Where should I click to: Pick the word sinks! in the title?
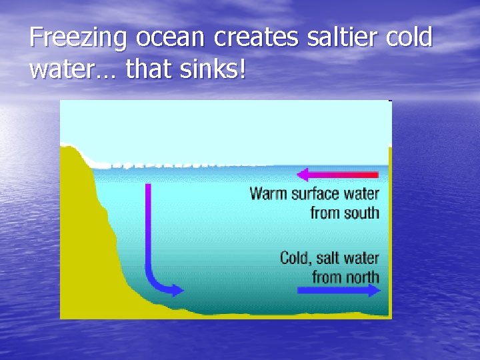(x=211, y=69)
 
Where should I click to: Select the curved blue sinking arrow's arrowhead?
(x=177, y=289)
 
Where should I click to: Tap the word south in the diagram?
(x=362, y=213)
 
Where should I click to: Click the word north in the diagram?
(x=363, y=277)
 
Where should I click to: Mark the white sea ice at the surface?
(x=167, y=162)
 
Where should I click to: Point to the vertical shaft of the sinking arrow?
(x=148, y=227)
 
